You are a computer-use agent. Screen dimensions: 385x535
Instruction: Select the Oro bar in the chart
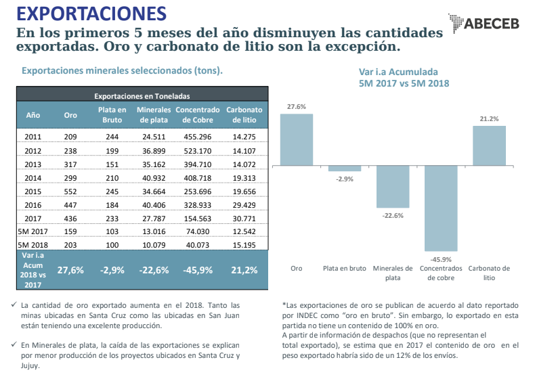tap(297, 139)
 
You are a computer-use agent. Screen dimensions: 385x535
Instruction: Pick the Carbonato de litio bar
tap(489, 145)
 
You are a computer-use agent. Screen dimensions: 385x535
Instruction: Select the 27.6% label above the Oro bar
tap(297, 107)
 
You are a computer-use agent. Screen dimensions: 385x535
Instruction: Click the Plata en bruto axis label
tap(345, 269)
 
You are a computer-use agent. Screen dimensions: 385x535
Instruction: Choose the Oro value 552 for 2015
tap(70, 191)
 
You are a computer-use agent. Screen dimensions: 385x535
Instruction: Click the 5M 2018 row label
tap(33, 244)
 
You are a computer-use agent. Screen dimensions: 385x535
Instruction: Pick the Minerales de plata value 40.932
tap(154, 178)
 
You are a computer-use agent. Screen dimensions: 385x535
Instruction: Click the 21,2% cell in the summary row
tap(244, 270)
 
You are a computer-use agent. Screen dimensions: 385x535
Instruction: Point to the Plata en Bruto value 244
tap(112, 137)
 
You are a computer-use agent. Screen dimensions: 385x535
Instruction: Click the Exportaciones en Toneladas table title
tap(142, 96)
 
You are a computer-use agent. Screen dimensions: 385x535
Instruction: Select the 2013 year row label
tap(33, 164)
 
